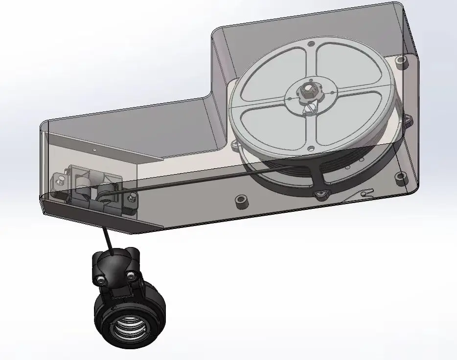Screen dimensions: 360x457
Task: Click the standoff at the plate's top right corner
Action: pos(402,63)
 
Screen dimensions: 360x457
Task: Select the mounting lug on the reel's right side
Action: pos(408,119)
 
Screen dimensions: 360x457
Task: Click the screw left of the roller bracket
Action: pos(60,181)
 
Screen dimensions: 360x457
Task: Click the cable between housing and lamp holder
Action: pos(108,240)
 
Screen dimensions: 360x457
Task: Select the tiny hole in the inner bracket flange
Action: pos(95,150)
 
